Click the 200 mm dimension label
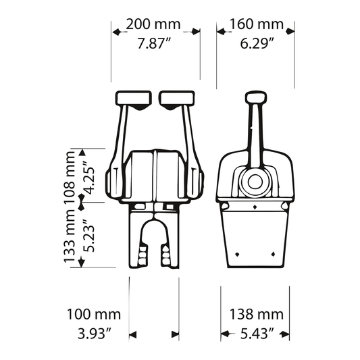point(153,24)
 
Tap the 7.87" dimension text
point(154,43)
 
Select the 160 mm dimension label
point(257,24)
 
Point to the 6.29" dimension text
point(257,43)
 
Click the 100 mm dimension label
point(94,314)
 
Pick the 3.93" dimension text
point(95,334)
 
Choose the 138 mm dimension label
point(257,314)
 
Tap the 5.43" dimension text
point(257,334)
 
